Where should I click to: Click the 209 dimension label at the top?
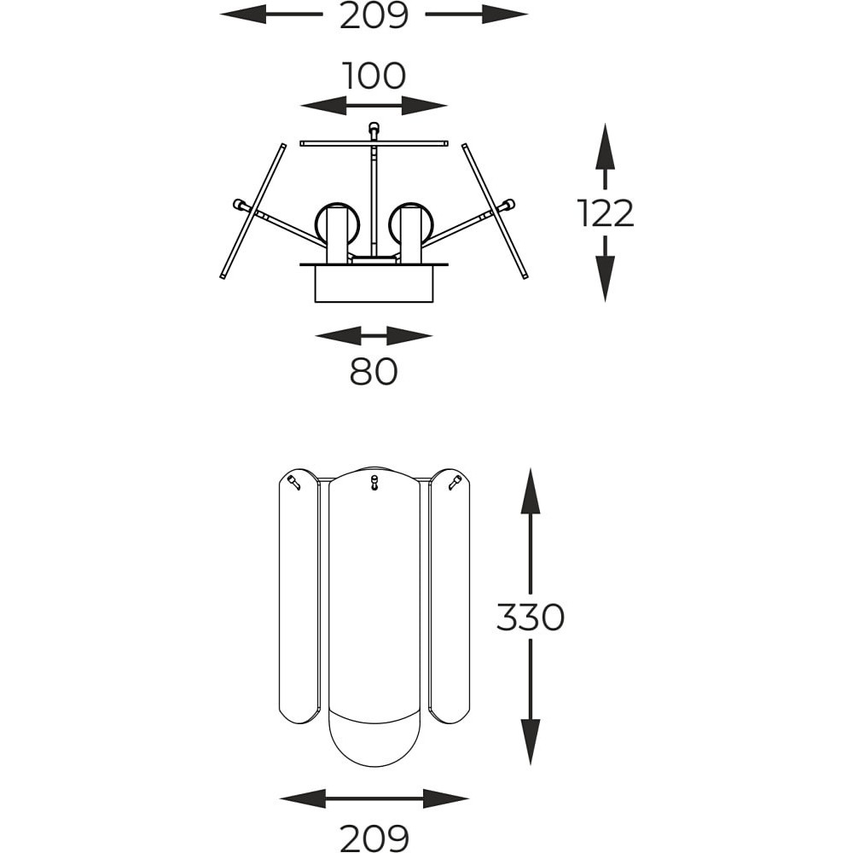click(x=374, y=15)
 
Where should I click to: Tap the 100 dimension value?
click(x=374, y=76)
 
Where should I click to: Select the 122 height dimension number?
click(x=606, y=213)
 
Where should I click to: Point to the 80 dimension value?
click(x=374, y=372)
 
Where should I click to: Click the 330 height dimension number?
click(x=531, y=618)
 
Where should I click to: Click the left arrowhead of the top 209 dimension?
click(x=243, y=15)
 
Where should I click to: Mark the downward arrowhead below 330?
click(x=531, y=742)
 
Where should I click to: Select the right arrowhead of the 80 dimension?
click(x=409, y=335)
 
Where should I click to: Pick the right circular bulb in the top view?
click(x=412, y=224)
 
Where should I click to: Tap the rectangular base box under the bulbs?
click(x=374, y=283)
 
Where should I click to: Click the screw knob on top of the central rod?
click(x=374, y=130)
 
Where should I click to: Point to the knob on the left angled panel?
click(x=240, y=206)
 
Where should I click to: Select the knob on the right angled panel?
click(x=507, y=206)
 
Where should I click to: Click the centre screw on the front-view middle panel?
click(x=374, y=482)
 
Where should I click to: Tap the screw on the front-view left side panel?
click(x=294, y=482)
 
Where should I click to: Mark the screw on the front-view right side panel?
click(x=455, y=482)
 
